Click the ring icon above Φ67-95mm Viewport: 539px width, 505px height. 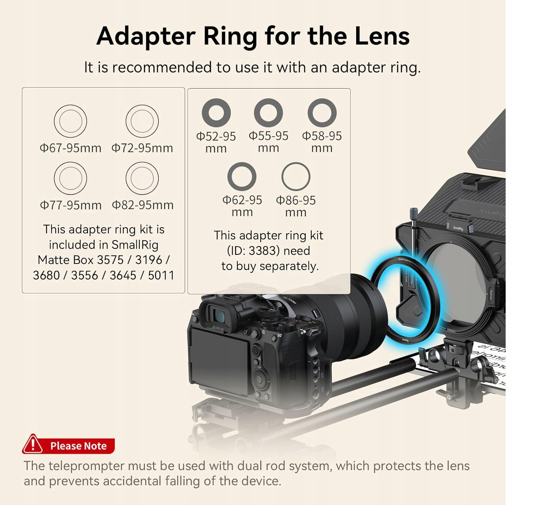pos(70,121)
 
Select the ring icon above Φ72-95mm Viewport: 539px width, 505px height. pos(142,121)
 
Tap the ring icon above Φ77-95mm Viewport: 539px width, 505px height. pos(70,178)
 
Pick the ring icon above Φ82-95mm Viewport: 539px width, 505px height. pos(142,178)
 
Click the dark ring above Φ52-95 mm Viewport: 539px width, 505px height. pos(216,112)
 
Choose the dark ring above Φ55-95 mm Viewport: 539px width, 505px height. pos(268,112)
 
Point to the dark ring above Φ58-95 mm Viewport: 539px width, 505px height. pos(322,112)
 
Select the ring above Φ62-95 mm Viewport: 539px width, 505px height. pos(242,176)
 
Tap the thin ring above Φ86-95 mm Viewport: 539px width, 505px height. pos(296,176)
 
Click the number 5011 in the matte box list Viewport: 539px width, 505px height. pos(161,275)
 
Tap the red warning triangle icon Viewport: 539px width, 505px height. pos(33,444)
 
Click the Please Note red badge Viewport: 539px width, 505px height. pos(78,446)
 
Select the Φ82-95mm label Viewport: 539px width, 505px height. pos(143,205)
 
